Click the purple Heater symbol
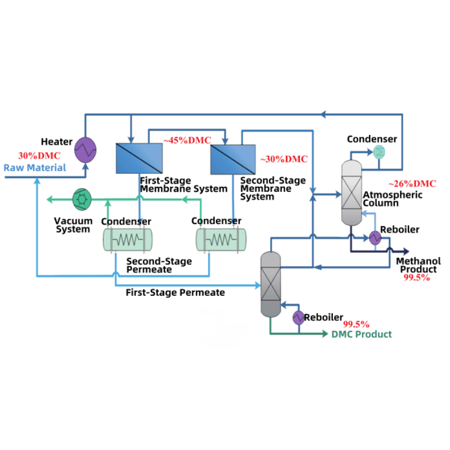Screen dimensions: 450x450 pos(86,150)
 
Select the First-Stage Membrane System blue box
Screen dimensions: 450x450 pos(139,158)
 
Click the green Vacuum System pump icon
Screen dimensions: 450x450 pos(82,199)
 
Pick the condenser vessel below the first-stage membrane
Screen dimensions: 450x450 pos(127,240)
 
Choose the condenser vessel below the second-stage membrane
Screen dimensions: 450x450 pos(220,240)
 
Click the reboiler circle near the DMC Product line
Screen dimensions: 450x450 pos(298,318)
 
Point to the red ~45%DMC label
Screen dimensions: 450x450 pos(187,139)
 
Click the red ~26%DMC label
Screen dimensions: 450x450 pos(412,184)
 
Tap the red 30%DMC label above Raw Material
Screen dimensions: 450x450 pos(39,155)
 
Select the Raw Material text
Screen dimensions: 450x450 pos(35,168)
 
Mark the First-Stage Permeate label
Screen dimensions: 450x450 pos(175,292)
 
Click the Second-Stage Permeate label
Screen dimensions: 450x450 pos(159,265)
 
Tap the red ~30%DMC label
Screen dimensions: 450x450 pos(284,159)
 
